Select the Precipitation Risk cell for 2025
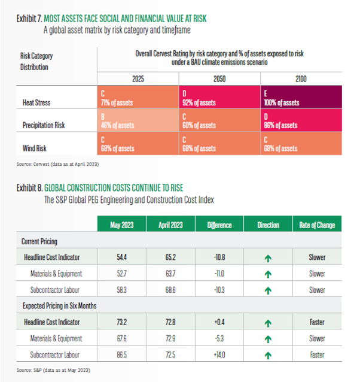tap(137, 122)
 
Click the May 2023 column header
tap(123, 225)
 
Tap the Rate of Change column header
tap(317, 225)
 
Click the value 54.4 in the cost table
tap(123, 257)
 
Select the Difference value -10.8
tap(219, 257)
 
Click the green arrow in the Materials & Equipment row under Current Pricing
tap(269, 274)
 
